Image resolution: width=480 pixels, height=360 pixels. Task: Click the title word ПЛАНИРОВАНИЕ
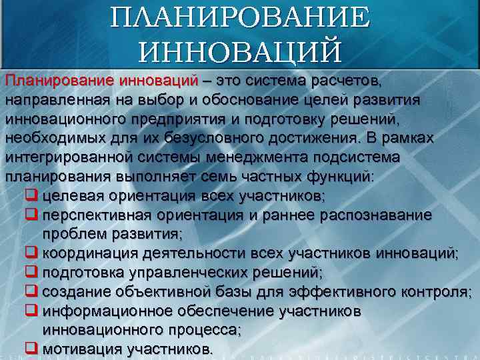[239, 17]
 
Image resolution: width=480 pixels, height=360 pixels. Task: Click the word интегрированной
[65, 157]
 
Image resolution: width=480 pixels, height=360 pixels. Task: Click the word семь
[224, 177]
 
